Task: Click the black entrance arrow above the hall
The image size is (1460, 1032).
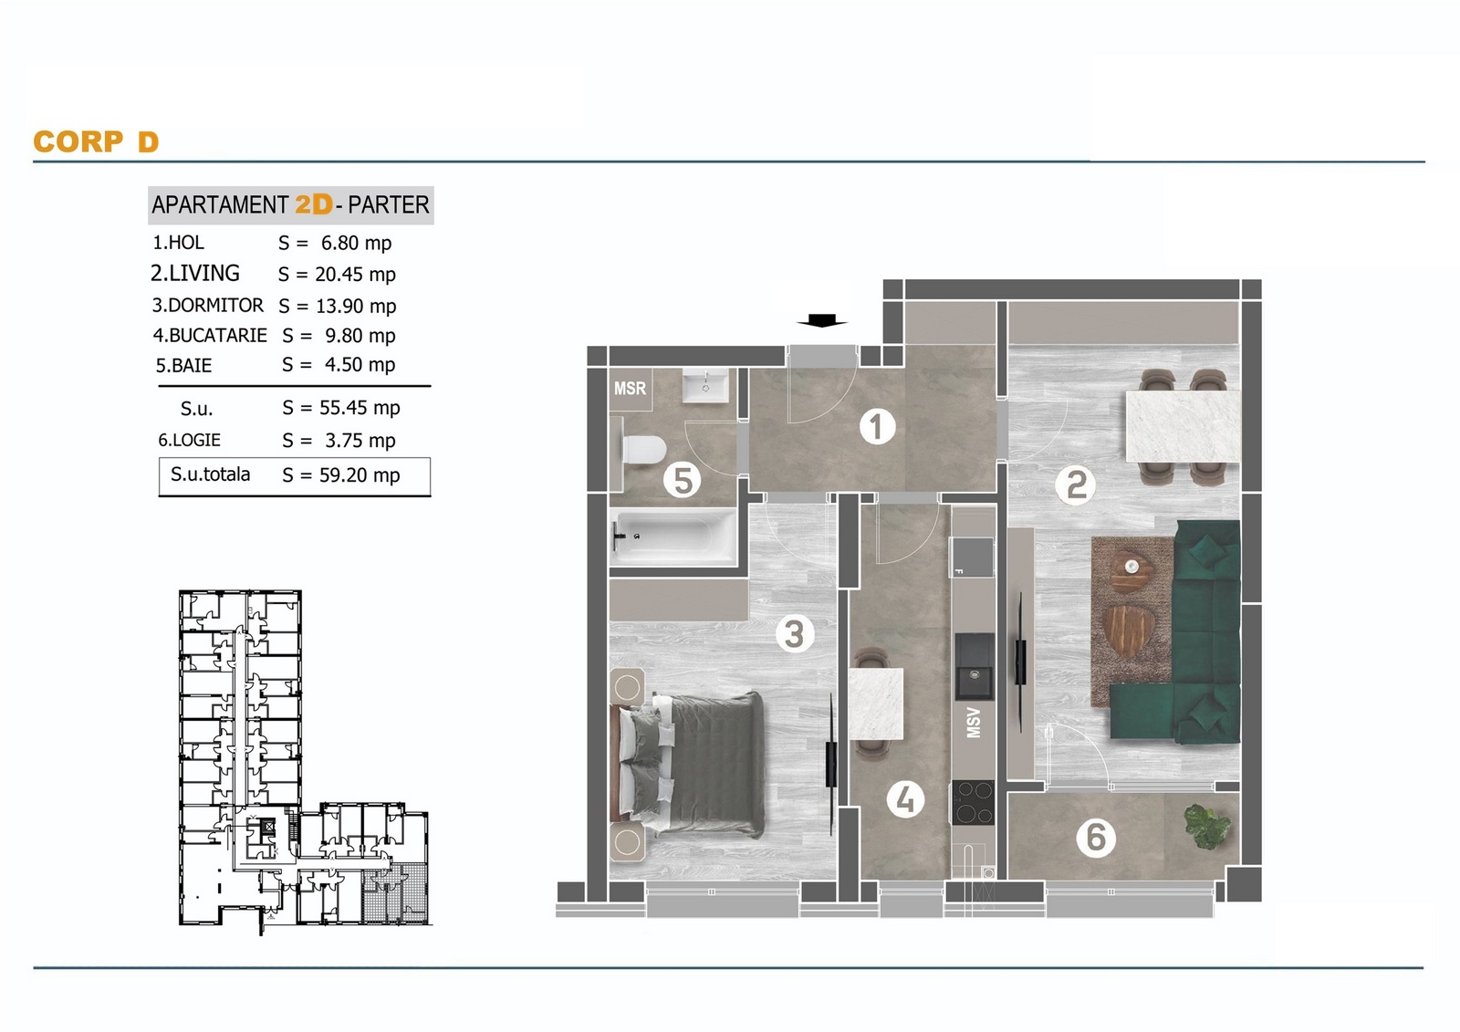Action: (x=822, y=321)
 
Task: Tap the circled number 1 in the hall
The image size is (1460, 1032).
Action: (x=877, y=428)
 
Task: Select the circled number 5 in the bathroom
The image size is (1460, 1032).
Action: (x=683, y=481)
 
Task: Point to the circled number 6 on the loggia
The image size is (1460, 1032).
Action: (x=1096, y=838)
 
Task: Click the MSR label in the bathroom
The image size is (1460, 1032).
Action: (x=630, y=389)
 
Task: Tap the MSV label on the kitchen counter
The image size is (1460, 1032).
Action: (x=973, y=723)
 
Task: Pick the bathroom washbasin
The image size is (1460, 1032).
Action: (x=705, y=386)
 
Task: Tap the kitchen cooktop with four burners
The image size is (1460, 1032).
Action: (x=973, y=803)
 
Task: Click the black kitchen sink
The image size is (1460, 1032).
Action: (x=974, y=666)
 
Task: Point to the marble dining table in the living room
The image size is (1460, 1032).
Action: (x=1183, y=426)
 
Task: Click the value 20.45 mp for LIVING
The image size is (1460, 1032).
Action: (x=355, y=275)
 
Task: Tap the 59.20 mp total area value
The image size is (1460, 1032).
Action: (x=360, y=475)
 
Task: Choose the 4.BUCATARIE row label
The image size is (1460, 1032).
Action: (x=210, y=335)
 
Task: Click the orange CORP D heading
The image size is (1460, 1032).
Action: (x=97, y=141)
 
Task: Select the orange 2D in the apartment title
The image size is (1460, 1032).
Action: (x=314, y=204)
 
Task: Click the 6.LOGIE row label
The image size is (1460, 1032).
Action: (x=189, y=440)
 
